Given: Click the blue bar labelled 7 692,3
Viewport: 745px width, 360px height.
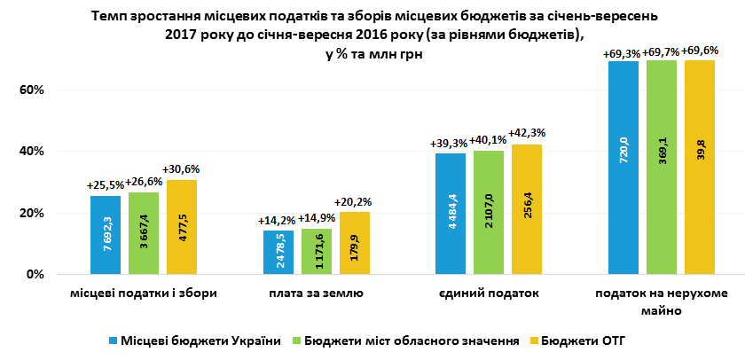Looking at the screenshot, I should click(106, 235).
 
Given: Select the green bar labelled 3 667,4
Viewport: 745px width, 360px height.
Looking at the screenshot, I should click(144, 233).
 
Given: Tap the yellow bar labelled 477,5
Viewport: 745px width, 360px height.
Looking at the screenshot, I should click(181, 227).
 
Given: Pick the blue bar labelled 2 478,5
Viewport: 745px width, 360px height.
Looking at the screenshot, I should click(278, 253).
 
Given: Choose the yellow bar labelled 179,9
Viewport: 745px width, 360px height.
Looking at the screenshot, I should click(355, 243).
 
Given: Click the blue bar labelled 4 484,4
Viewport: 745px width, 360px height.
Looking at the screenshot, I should click(451, 214).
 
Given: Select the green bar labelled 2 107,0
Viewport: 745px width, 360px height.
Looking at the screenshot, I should click(489, 213).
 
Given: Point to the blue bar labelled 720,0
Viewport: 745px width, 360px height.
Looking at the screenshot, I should click(623, 168).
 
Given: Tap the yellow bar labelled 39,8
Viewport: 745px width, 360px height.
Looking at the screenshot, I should click(700, 168).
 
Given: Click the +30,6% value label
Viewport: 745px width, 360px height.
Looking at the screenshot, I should click(181, 169).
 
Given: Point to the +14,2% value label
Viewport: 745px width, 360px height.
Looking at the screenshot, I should click(277, 221).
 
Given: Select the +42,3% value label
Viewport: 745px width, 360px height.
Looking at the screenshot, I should click(527, 133).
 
